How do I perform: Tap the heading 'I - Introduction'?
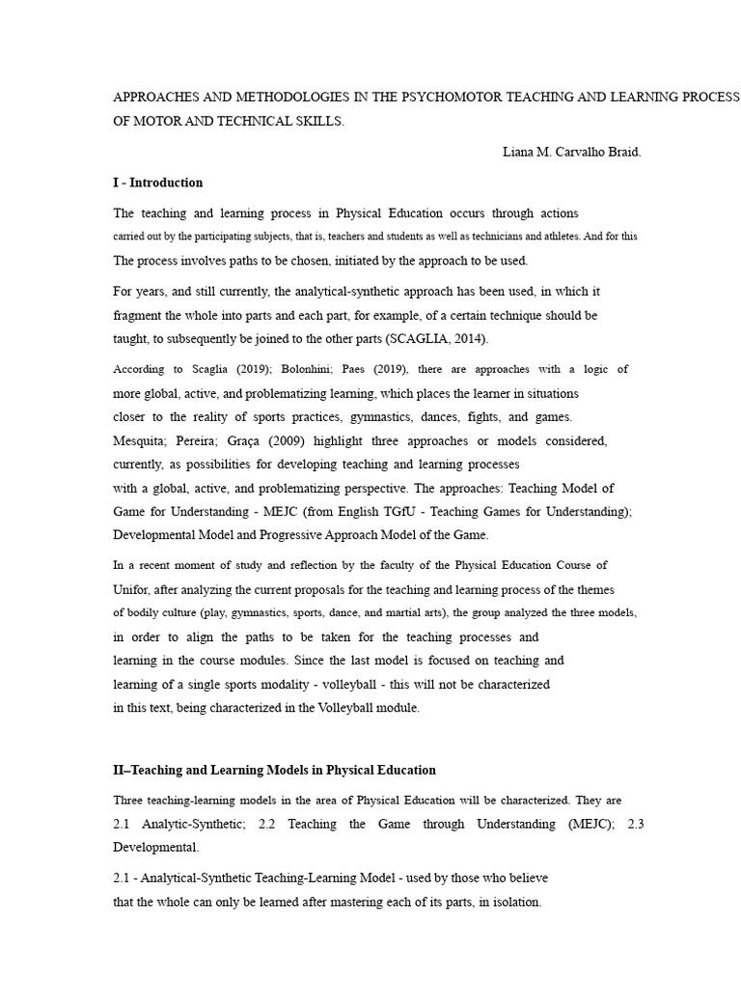click(158, 183)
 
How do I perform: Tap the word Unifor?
click(133, 589)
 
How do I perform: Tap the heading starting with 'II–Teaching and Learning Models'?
click(274, 770)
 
